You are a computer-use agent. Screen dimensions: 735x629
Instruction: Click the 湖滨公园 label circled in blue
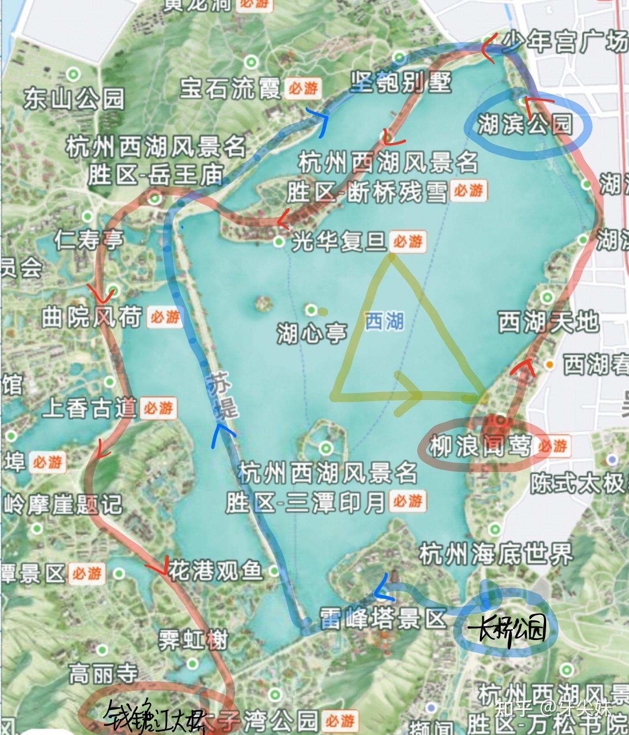pyautogui.click(x=525, y=124)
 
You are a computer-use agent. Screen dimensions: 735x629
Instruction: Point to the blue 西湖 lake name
pyautogui.click(x=384, y=321)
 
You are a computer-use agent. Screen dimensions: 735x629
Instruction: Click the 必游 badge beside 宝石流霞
pyautogui.click(x=303, y=88)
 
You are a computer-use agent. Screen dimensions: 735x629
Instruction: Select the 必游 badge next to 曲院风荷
pyautogui.click(x=165, y=317)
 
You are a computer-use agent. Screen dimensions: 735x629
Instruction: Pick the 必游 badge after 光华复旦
pyautogui.click(x=408, y=242)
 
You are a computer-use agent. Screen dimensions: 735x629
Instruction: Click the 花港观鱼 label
pyautogui.click(x=215, y=571)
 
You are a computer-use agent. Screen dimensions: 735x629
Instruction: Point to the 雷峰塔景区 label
pyautogui.click(x=383, y=619)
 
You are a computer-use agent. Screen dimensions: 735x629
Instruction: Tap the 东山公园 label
pyautogui.click(x=74, y=98)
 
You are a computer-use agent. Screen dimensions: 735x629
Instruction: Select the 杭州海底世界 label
pyautogui.click(x=496, y=555)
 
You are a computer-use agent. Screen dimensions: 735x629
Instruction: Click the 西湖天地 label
pyautogui.click(x=547, y=322)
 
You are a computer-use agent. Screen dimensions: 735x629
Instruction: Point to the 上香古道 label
pyautogui.click(x=89, y=407)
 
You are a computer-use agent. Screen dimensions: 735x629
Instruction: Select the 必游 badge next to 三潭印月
pyautogui.click(x=407, y=501)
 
